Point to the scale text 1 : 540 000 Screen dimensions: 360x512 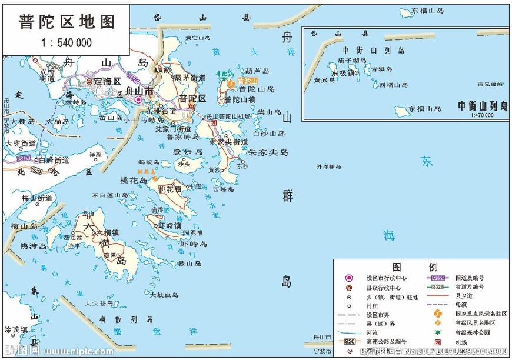[66, 42]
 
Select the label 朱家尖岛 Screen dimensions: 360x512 [267, 152]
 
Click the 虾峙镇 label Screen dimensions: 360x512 [169, 225]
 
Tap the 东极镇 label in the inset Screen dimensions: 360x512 [343, 73]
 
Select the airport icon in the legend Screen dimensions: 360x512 [437, 342]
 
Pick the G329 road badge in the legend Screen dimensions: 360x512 [437, 278]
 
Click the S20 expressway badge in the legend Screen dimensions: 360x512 [350, 341]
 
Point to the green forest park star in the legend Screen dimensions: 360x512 [437, 332]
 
